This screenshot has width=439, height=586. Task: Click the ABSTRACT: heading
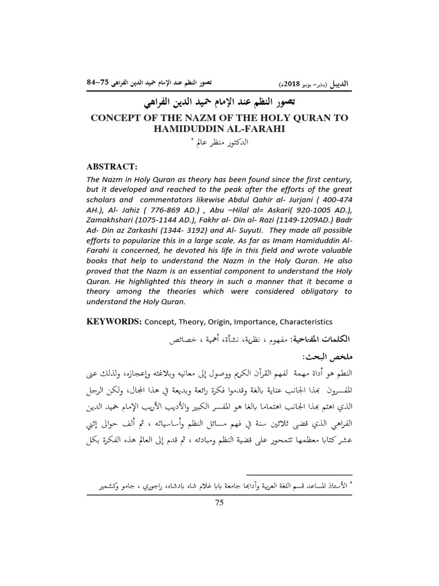point(111,167)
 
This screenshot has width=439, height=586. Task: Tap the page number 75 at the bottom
point(219,502)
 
